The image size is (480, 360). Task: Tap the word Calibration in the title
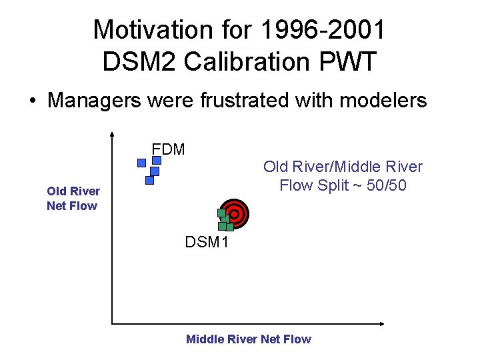(x=246, y=62)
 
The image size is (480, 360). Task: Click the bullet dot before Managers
(x=31, y=101)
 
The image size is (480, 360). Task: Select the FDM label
(x=168, y=149)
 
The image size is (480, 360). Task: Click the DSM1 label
(x=207, y=242)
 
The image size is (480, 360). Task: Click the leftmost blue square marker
(x=141, y=163)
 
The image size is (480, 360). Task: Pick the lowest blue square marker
(x=149, y=179)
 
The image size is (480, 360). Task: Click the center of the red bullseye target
(x=235, y=213)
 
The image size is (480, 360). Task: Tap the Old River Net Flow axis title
(x=73, y=199)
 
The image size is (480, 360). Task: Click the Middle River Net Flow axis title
(x=248, y=339)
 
